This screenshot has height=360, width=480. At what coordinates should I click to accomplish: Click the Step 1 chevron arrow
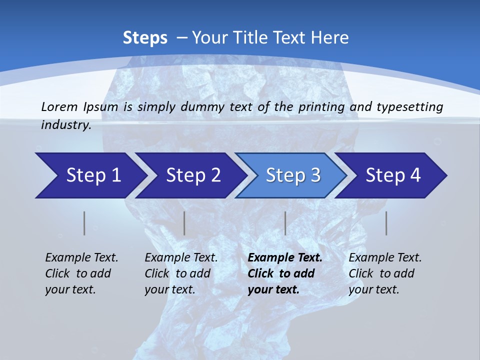coord(90,175)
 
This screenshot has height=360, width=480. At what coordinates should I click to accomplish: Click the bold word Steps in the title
coord(145,38)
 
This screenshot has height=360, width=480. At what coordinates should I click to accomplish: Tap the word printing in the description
coord(321,106)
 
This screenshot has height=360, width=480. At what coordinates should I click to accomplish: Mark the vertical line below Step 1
coord(84,223)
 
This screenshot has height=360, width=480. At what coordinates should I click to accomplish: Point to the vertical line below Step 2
coord(184,223)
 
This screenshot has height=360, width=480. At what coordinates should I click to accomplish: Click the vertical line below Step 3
coord(285,223)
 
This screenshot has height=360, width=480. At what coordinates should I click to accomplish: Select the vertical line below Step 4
coord(386,223)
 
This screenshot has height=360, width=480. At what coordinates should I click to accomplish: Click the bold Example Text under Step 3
coord(285,258)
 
